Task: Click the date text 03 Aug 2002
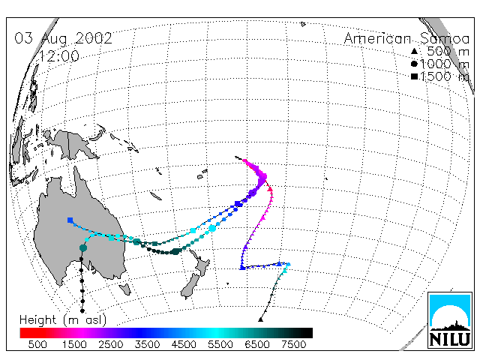[63, 39]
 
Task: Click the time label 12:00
[59, 56]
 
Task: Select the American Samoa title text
[406, 39]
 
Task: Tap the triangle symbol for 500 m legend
[414, 51]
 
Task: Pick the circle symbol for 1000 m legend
[414, 64]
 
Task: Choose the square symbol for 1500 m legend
[414, 76]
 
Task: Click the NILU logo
[450, 320]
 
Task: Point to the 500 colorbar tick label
[37, 345]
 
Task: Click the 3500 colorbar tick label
[147, 345]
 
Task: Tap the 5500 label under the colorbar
[220, 345]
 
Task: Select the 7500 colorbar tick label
[293, 345]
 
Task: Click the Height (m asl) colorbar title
[63, 320]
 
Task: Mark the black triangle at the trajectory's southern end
[260, 319]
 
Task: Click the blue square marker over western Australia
[70, 220]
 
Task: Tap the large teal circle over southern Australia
[83, 247]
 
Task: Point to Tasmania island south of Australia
[125, 289]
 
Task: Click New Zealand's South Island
[190, 286]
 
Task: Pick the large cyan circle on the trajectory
[212, 228]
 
